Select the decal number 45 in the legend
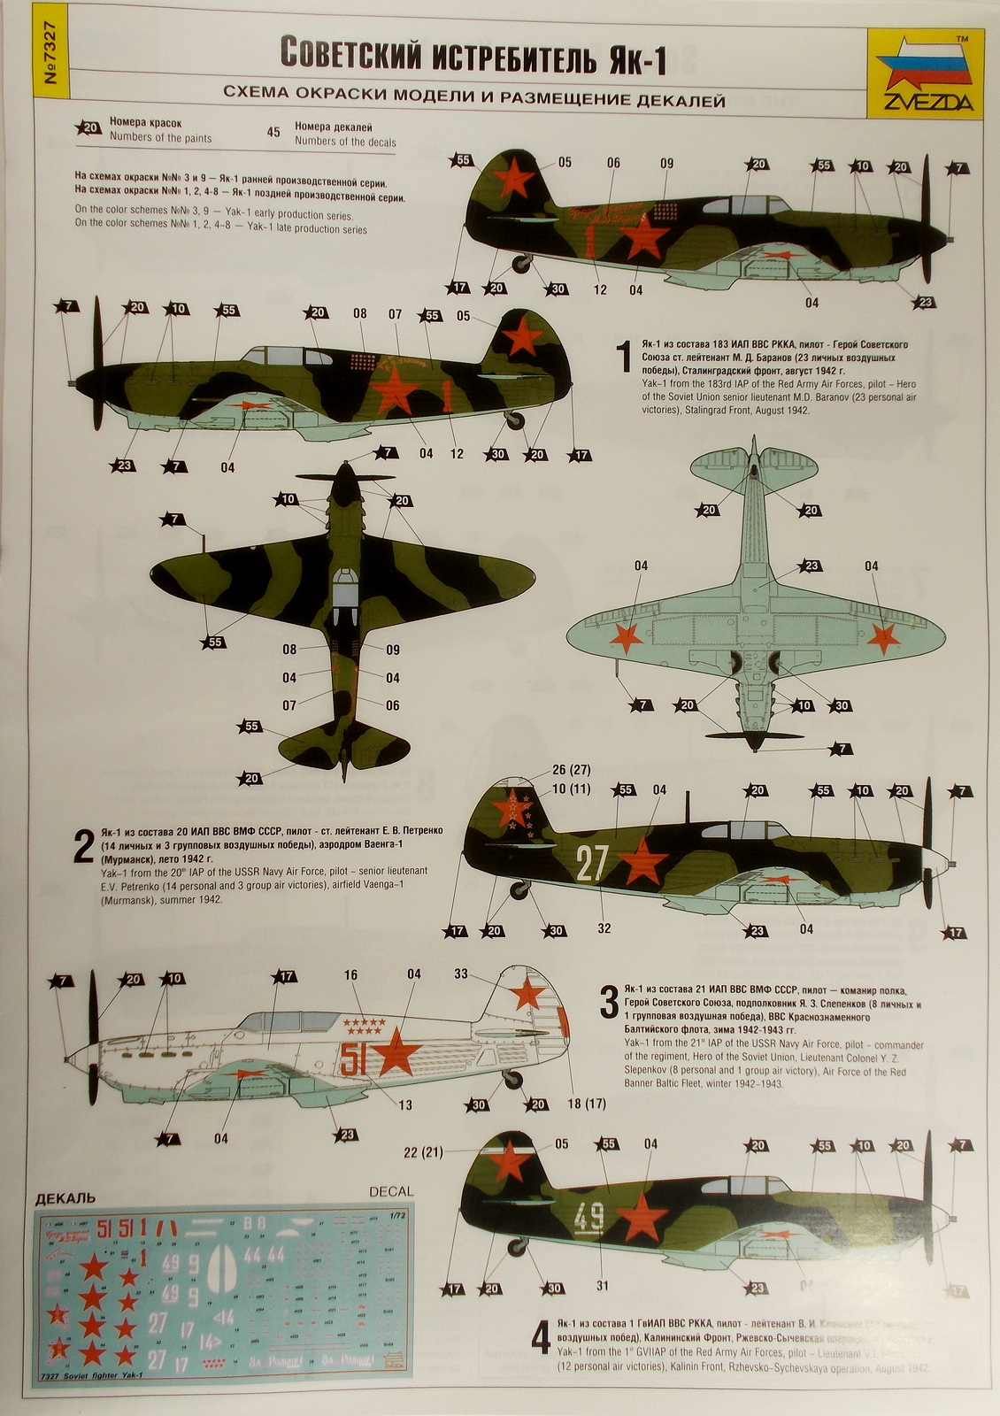tap(273, 133)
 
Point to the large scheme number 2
tap(83, 847)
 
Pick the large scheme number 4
tap(541, 1338)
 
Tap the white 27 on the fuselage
tap(591, 863)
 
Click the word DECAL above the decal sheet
tap(391, 1191)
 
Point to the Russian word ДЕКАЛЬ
tap(65, 1199)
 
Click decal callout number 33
tap(460, 973)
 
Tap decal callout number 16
tap(350, 974)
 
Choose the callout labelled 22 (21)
tap(423, 1151)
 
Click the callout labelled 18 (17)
tap(587, 1104)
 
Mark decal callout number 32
tap(604, 928)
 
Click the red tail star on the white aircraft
tap(527, 994)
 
